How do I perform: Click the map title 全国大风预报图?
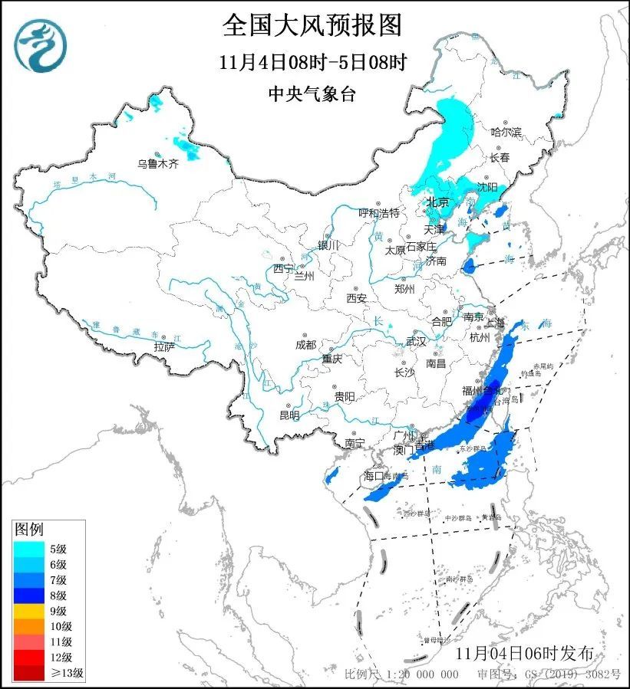(312, 25)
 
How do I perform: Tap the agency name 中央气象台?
(312, 94)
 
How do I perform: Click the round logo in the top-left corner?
(40, 44)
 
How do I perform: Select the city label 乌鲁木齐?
(158, 163)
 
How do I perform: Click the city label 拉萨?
(164, 346)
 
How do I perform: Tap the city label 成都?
(306, 344)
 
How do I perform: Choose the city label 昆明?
(289, 415)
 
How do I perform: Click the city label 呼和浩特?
(380, 212)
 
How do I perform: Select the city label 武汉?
(415, 341)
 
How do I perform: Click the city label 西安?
(357, 297)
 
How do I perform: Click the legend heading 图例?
(30, 530)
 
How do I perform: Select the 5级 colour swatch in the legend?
(30, 548)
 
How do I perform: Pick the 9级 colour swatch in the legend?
(30, 611)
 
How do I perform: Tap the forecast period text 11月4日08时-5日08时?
(312, 61)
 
